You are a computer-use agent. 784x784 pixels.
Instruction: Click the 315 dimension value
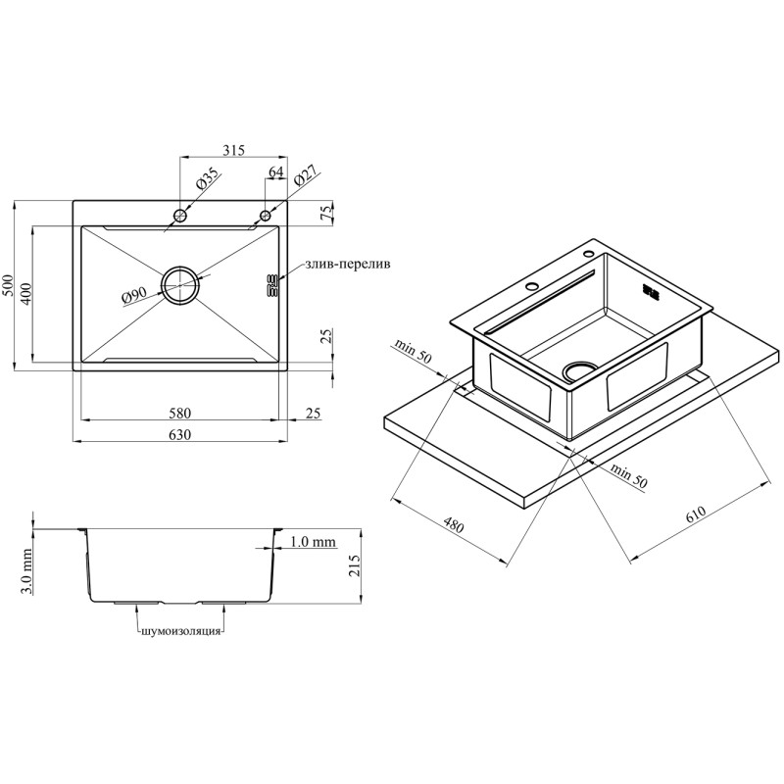(232, 150)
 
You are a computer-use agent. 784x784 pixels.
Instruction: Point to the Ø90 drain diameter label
(134, 294)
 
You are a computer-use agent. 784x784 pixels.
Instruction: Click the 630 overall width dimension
(178, 434)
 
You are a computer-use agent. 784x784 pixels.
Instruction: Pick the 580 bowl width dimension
(178, 413)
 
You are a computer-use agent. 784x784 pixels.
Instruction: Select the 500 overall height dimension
(9, 286)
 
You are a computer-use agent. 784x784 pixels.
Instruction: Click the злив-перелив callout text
(346, 265)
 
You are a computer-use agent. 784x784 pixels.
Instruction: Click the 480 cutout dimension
(452, 525)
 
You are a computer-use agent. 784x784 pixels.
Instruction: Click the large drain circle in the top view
(180, 285)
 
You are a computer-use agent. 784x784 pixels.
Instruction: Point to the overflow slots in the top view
(271, 285)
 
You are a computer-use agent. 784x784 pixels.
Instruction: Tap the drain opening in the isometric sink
(578, 368)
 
